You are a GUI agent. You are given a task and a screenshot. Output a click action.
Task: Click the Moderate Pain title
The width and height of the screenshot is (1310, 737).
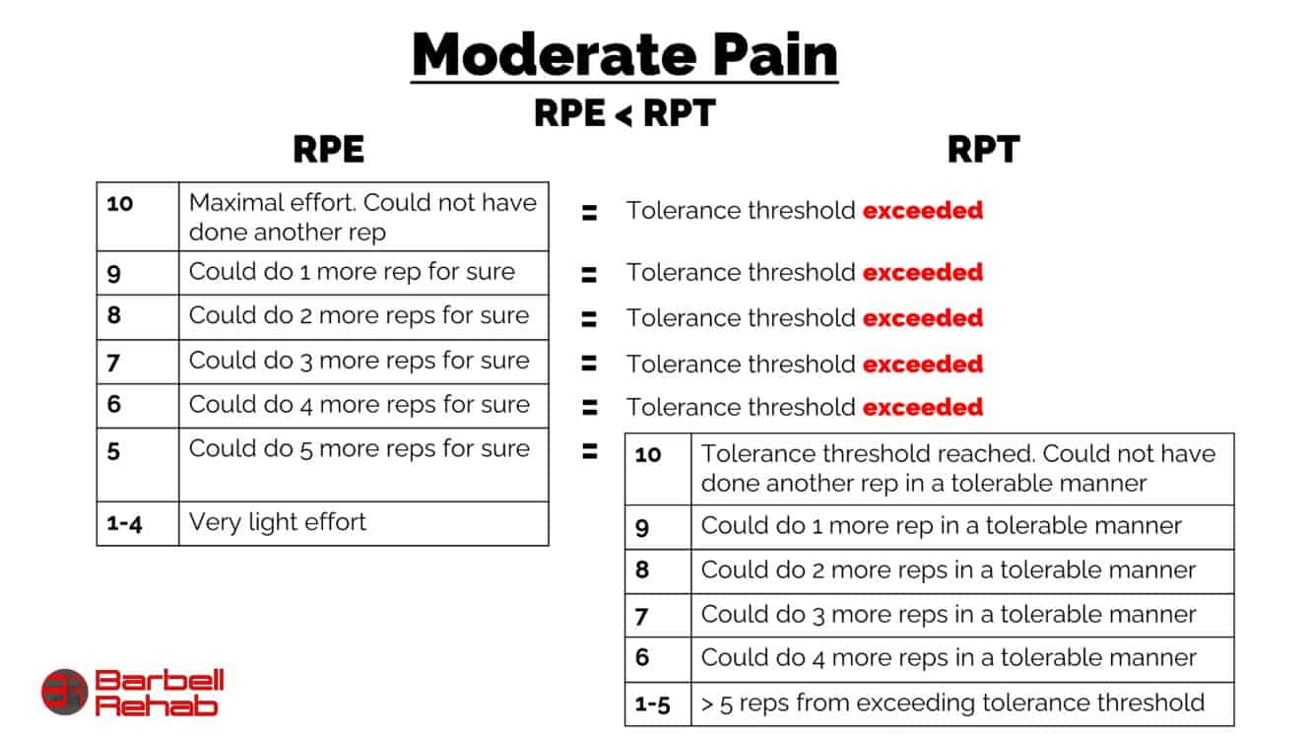pyautogui.click(x=624, y=55)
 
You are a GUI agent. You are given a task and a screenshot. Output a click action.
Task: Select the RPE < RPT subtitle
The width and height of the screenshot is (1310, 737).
pyautogui.click(x=623, y=113)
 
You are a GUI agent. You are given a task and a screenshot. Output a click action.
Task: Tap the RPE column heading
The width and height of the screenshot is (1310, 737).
pyautogui.click(x=328, y=150)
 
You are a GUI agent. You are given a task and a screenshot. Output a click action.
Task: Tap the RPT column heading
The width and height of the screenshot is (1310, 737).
pyautogui.click(x=982, y=150)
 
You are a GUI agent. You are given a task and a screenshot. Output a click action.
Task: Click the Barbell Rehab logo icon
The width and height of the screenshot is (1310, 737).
pyautogui.click(x=65, y=692)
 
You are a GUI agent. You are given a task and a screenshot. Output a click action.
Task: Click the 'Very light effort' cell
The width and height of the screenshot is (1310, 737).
pyautogui.click(x=278, y=522)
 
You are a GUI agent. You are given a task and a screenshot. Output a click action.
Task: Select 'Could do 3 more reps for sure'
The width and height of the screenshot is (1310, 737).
pyautogui.click(x=360, y=361)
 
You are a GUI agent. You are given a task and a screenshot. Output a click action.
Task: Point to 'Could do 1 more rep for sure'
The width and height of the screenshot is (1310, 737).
pyautogui.click(x=352, y=272)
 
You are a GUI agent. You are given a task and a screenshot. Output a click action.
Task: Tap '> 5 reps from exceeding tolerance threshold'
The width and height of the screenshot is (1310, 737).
pyautogui.click(x=952, y=703)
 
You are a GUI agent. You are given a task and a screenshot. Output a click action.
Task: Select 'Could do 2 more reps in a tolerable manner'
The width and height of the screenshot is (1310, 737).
pyautogui.click(x=949, y=570)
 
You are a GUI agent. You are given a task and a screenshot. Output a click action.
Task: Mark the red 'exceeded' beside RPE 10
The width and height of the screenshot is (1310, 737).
pyautogui.click(x=923, y=210)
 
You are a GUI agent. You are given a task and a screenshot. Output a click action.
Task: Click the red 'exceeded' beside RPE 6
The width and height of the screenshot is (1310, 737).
pyautogui.click(x=923, y=407)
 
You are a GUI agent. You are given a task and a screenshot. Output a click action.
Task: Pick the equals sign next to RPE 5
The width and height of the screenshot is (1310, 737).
pyautogui.click(x=589, y=452)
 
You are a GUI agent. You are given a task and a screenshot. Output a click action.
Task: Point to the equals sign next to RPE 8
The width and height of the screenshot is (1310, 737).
pyautogui.click(x=589, y=318)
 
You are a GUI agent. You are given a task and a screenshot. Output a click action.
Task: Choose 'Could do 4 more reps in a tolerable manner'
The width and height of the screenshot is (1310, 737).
pyautogui.click(x=949, y=658)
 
